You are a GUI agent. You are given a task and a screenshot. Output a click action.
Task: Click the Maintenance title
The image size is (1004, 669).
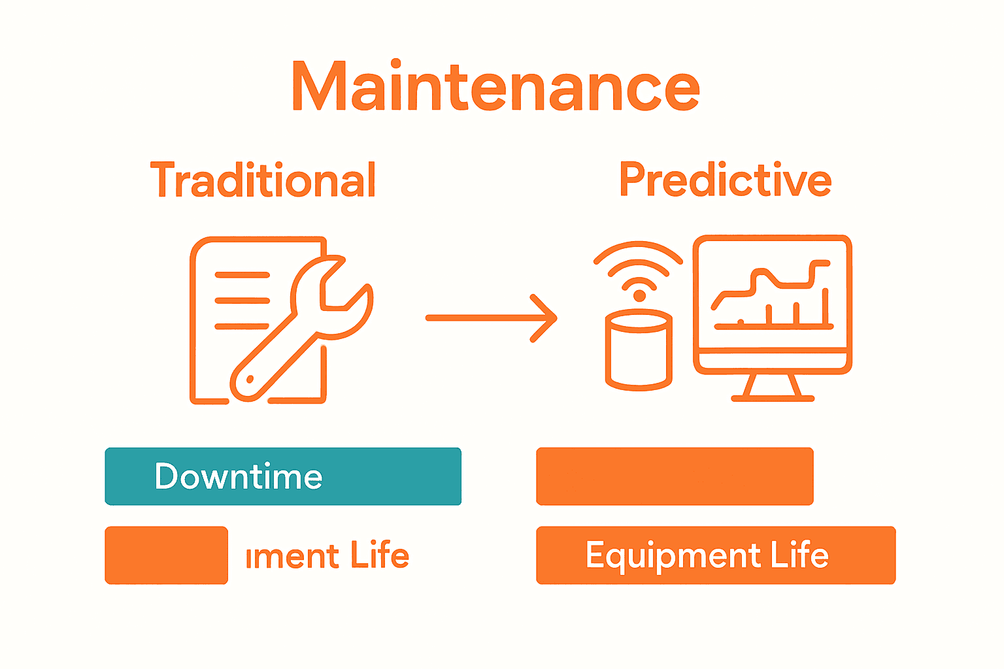pos(495,87)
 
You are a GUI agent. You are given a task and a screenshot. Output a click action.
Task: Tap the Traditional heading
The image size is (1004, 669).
pos(263,180)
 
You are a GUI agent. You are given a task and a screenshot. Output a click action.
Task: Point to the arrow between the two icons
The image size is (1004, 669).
pos(490,318)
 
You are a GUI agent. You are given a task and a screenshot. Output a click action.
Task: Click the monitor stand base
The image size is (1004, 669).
pos(773,397)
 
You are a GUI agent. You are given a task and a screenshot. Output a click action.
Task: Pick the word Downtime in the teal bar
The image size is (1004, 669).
pos(239,476)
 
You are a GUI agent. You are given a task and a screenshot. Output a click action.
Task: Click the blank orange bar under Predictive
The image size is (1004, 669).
pos(675,476)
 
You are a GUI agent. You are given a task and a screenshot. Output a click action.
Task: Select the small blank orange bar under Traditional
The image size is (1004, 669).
pos(166,555)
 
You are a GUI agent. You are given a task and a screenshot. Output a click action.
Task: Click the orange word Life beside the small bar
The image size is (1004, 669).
pos(380,555)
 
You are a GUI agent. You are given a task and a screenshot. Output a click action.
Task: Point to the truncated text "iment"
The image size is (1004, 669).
pos(292,557)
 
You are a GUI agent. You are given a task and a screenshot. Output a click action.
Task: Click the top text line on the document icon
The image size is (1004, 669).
pos(243,275)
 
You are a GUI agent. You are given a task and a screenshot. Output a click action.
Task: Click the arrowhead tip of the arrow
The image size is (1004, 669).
pos(555,318)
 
